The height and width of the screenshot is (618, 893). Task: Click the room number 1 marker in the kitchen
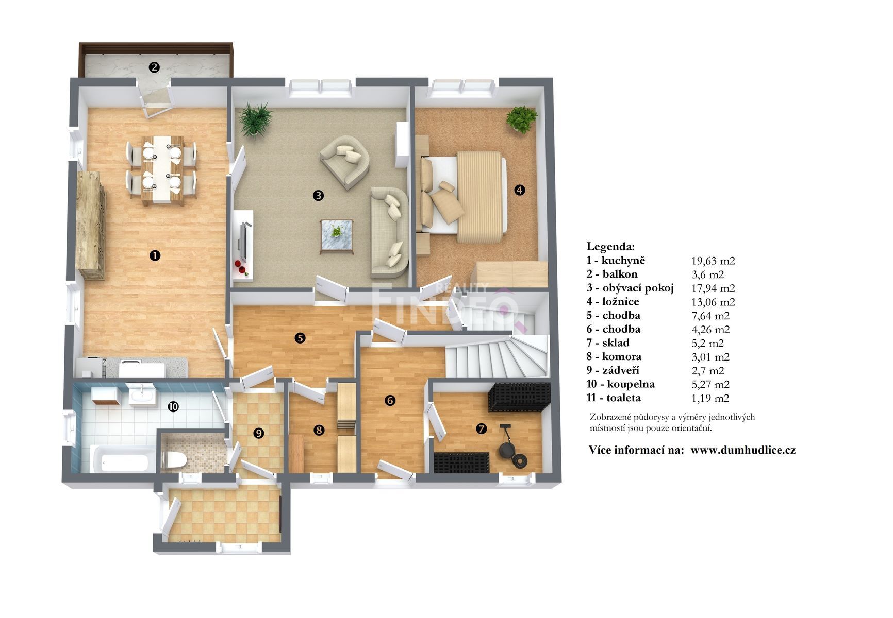154,255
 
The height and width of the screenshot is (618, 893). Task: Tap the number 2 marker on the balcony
154,67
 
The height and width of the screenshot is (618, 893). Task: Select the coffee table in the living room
337,237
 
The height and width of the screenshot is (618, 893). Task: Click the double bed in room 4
463,197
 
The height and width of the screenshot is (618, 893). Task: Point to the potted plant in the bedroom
522,119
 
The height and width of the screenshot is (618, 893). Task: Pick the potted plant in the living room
255,119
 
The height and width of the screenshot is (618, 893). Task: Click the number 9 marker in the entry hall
258,433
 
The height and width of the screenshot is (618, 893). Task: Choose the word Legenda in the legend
610,246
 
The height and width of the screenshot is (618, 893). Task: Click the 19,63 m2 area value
713,261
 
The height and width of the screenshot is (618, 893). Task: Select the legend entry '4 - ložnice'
613,302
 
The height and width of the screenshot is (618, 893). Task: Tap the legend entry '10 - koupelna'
620,384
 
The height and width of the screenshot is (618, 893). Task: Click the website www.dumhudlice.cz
743,450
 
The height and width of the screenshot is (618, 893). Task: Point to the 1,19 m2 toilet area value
710,398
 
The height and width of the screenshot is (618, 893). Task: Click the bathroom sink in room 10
141,396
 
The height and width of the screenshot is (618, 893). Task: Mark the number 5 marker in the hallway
300,338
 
